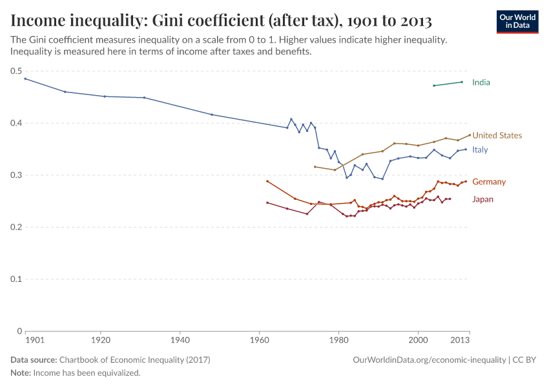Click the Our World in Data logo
517,21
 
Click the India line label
481,82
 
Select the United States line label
497,135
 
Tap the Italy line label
480,149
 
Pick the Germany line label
489,182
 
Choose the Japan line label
482,199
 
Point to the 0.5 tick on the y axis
16,71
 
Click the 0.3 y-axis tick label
16,175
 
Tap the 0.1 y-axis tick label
16,279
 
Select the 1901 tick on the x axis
34,339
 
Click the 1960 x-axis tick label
259,339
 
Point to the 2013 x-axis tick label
460,339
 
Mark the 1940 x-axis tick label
180,339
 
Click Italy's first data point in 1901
25,78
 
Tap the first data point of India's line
434,85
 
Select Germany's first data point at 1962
267,181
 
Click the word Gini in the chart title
165,20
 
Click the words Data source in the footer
34,360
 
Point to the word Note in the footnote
21,373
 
